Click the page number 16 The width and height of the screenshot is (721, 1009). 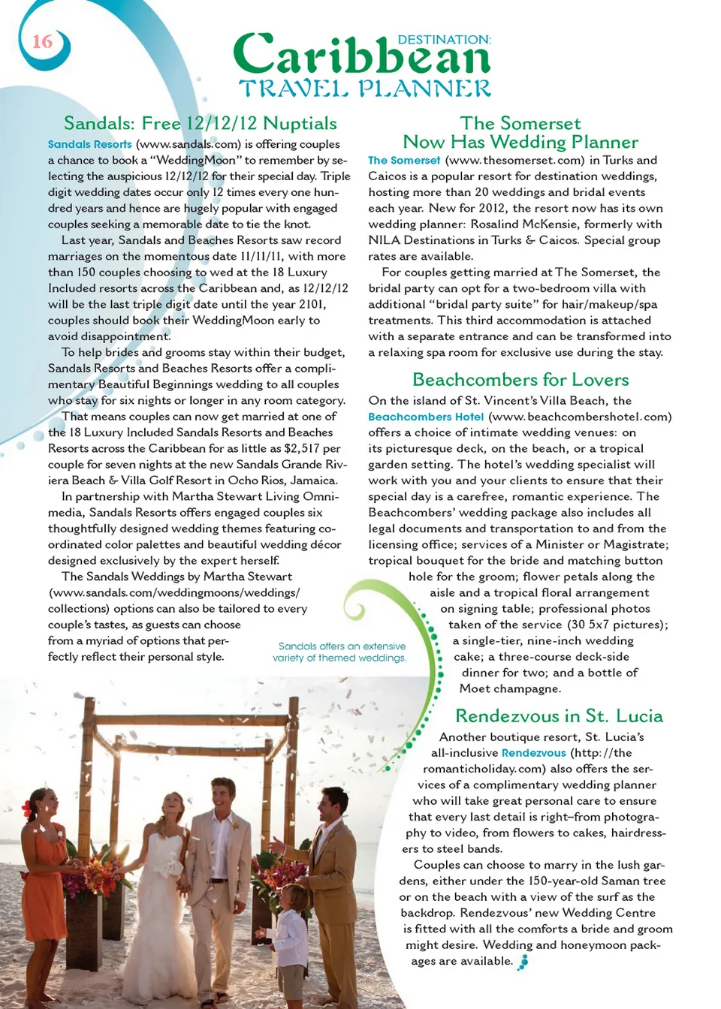42,41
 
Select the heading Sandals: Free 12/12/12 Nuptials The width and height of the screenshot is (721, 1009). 200,123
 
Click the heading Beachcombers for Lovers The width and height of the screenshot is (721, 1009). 520,379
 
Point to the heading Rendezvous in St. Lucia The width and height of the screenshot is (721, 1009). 559,715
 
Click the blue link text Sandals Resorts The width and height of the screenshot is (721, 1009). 89,144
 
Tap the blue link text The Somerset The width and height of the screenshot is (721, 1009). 404,160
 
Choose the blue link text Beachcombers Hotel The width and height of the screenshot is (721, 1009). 426,417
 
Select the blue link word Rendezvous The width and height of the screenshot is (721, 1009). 533,753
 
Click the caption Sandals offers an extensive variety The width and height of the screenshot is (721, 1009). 342,652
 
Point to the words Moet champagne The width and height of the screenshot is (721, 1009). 510,688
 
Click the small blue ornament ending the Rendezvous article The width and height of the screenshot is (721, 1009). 523,962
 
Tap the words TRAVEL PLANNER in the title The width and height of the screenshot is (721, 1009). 365,89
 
